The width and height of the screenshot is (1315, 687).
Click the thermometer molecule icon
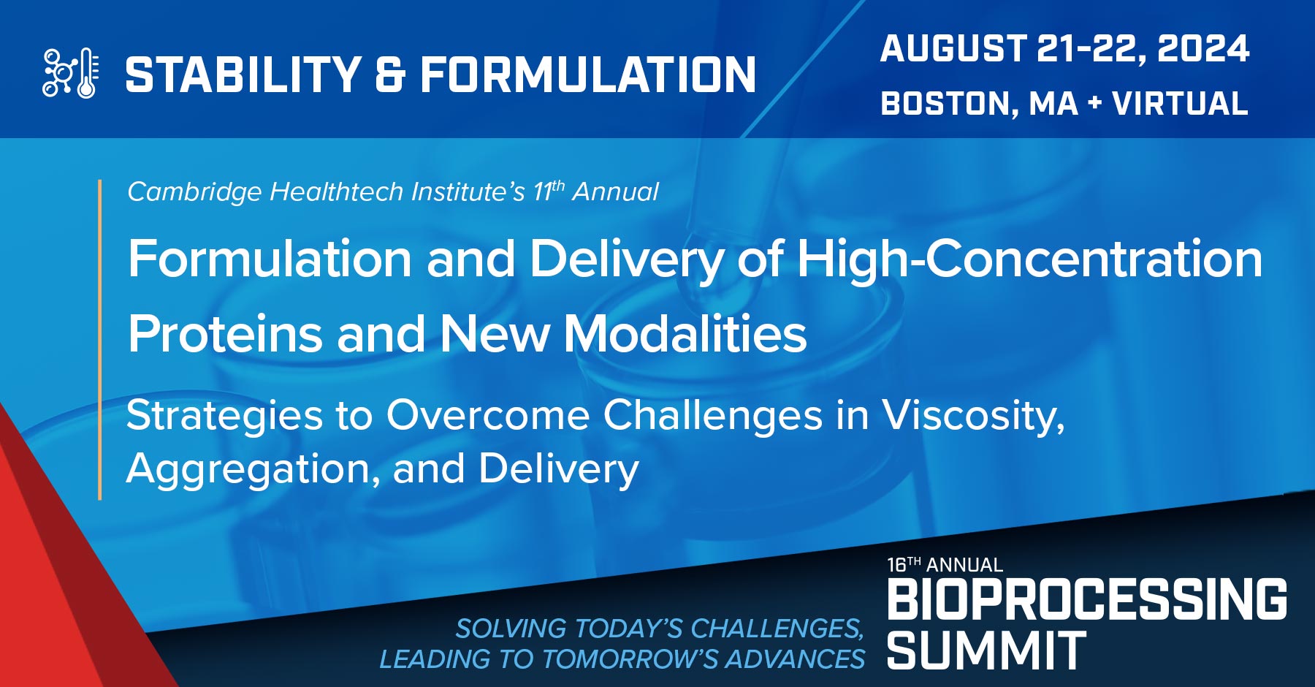click(71, 73)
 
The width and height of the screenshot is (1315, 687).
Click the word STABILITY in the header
click(243, 75)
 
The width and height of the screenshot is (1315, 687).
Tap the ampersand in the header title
click(390, 75)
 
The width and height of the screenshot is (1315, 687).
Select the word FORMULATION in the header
click(588, 75)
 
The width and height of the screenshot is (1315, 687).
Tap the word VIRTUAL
click(1180, 104)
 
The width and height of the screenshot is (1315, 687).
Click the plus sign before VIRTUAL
click(1094, 104)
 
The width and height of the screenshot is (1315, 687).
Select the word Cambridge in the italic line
click(194, 191)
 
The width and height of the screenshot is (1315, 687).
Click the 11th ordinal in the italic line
click(549, 191)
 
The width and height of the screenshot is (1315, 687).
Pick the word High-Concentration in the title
click(1029, 259)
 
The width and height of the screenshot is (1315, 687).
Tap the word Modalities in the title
click(685, 334)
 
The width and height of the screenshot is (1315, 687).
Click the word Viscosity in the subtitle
click(972, 416)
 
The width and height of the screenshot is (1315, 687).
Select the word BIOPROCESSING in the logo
click(1086, 599)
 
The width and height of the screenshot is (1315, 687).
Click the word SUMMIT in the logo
click(986, 650)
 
